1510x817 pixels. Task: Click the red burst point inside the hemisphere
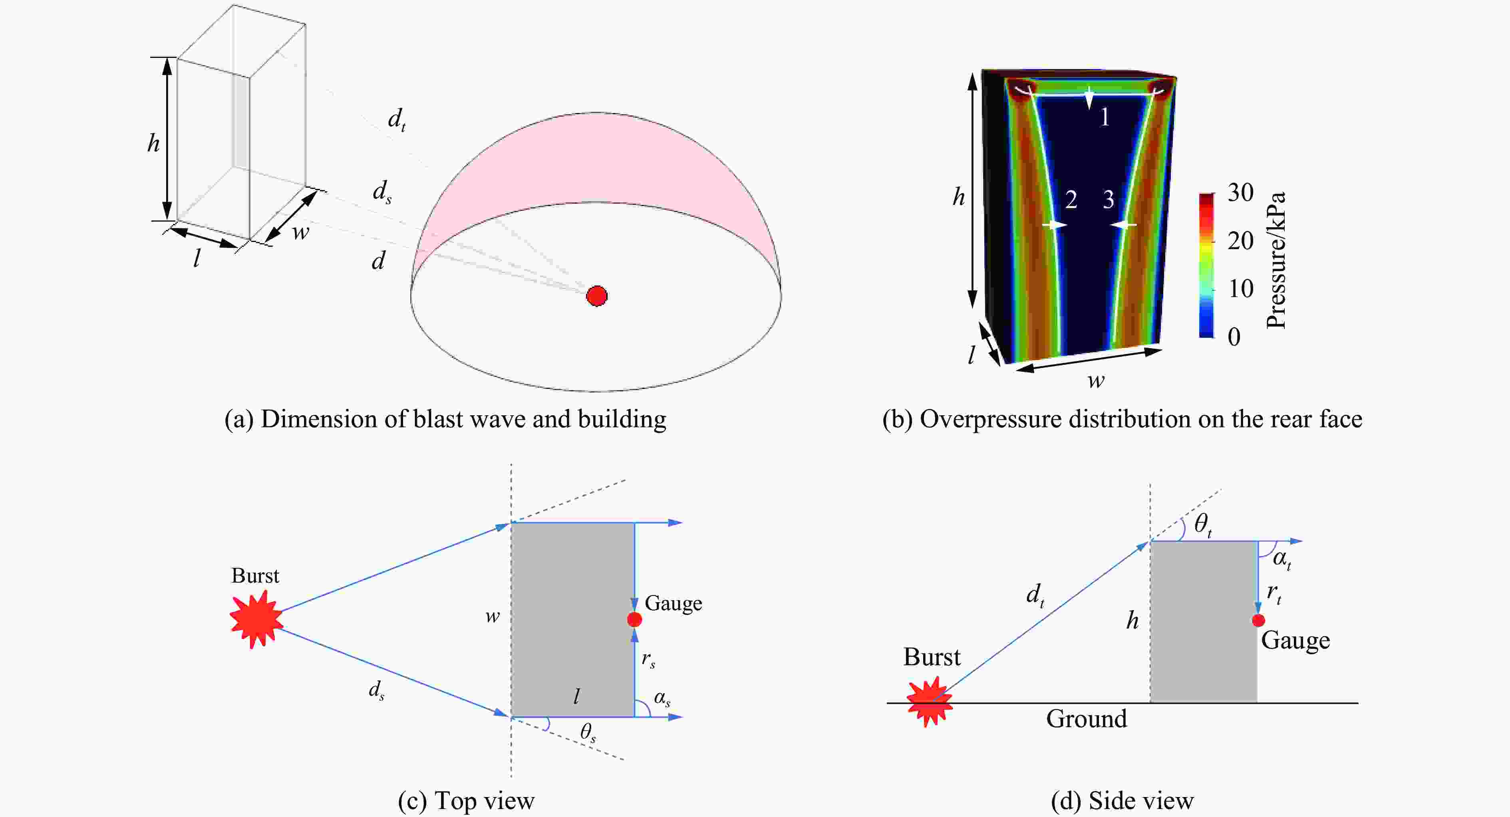click(x=597, y=296)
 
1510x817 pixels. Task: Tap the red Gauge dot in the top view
click(x=634, y=619)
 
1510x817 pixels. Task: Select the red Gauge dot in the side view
click(x=1258, y=620)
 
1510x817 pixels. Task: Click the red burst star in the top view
click(x=256, y=619)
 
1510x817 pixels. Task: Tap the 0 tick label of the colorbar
click(x=1234, y=337)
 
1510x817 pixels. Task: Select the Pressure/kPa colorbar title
click(x=1276, y=260)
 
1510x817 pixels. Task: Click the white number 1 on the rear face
click(x=1105, y=118)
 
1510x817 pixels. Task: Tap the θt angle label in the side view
click(x=1203, y=524)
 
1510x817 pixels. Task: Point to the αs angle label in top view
click(x=662, y=699)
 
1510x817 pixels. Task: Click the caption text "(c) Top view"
click(x=466, y=801)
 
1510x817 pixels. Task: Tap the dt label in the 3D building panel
click(x=397, y=120)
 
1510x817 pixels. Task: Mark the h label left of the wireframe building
click(x=153, y=143)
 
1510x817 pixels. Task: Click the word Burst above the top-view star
click(x=255, y=576)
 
